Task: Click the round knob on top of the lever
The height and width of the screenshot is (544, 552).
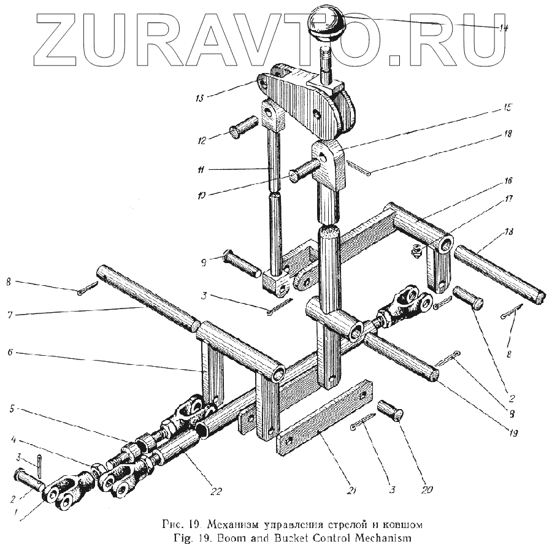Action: (x=327, y=22)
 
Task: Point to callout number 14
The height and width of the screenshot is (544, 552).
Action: (x=504, y=27)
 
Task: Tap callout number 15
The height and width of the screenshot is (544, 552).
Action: (x=507, y=108)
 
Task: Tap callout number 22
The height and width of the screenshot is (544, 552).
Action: (x=215, y=490)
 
